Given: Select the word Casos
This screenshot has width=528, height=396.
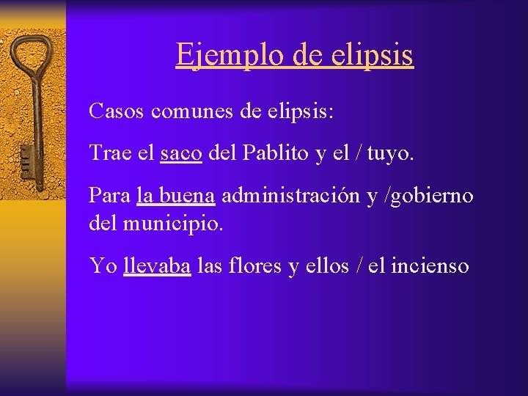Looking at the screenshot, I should coord(117,111).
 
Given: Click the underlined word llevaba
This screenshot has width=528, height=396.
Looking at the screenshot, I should coord(158,265).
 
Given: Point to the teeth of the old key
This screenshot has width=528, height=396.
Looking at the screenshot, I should coord(26,157).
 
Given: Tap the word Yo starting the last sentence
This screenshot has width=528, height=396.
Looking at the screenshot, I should coord(103,265).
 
